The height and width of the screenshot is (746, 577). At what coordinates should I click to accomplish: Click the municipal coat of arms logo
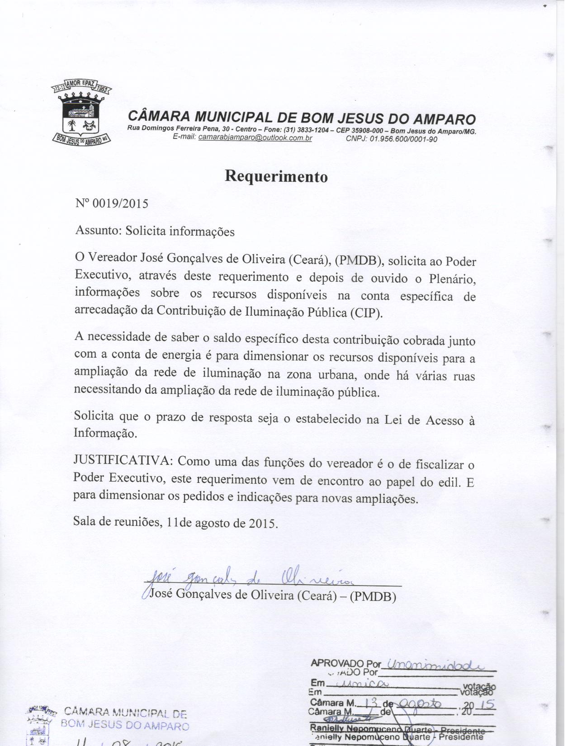pos(82,113)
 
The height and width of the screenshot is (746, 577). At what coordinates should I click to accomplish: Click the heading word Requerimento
pos(276,176)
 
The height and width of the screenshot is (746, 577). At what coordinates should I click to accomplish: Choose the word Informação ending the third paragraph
pos(105,433)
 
